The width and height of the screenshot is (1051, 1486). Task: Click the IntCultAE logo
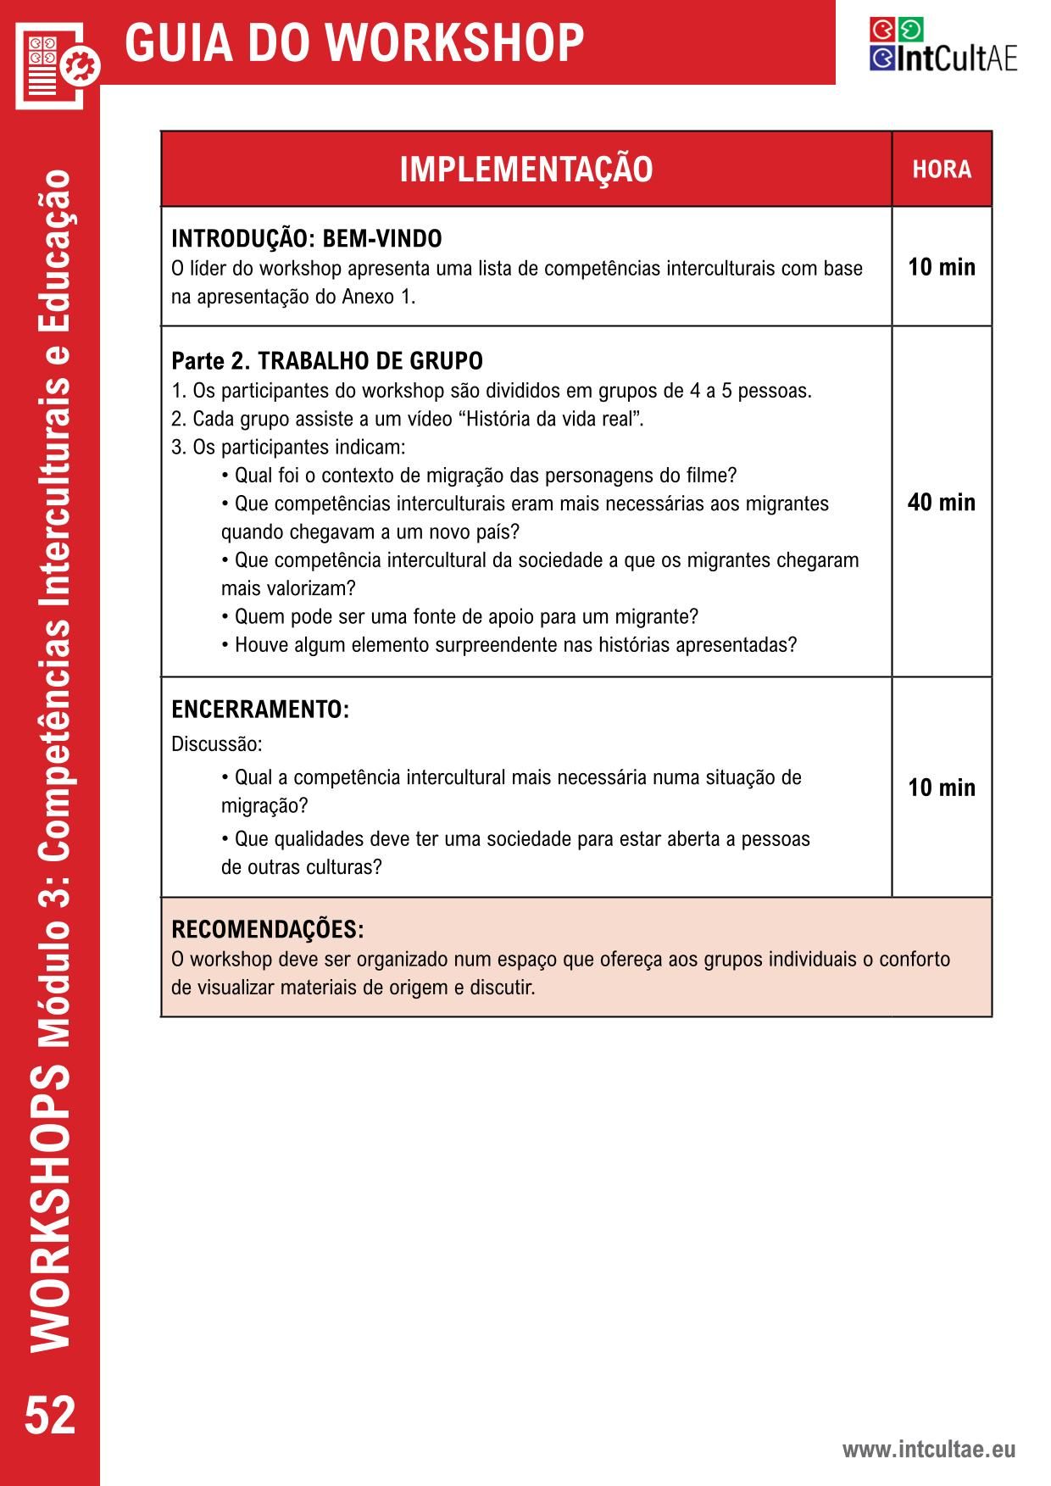pos(943,45)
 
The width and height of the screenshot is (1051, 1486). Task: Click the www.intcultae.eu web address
pos(928,1449)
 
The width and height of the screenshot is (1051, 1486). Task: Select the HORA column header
pos(942,170)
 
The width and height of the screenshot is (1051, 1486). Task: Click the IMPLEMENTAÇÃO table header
pos(526,170)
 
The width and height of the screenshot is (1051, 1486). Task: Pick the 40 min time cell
pos(942,503)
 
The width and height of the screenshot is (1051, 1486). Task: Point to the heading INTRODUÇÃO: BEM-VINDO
pos(307,239)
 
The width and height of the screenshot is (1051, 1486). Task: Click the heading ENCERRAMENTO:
pos(260,710)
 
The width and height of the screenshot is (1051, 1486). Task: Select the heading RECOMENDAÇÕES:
pos(268,930)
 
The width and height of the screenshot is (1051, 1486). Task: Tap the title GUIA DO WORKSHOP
pos(354,42)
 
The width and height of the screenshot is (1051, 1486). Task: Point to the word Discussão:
pos(217,744)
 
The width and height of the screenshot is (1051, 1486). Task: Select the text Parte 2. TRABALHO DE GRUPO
pos(327,361)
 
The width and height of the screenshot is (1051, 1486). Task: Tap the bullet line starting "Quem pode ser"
pos(460,616)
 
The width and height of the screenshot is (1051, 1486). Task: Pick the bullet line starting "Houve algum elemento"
pos(509,645)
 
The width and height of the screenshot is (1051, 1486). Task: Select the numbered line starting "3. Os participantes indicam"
pos(289,448)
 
